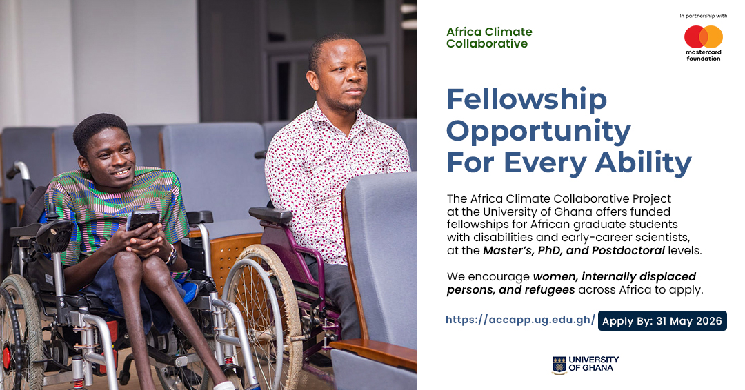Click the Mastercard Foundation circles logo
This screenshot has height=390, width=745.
(703, 37)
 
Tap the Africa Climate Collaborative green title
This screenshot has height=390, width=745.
(489, 38)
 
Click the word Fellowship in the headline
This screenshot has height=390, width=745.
(527, 100)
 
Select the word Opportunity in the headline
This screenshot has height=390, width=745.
(539, 132)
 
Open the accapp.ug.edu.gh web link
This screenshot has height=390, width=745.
(520, 320)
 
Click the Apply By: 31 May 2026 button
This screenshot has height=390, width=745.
(662, 320)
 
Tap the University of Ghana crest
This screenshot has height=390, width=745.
(559, 365)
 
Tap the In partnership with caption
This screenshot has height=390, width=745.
(703, 16)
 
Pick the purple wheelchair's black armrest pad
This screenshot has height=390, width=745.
(270, 215)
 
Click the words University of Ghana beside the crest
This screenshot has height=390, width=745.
(593, 364)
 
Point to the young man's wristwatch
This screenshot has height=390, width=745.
(171, 255)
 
